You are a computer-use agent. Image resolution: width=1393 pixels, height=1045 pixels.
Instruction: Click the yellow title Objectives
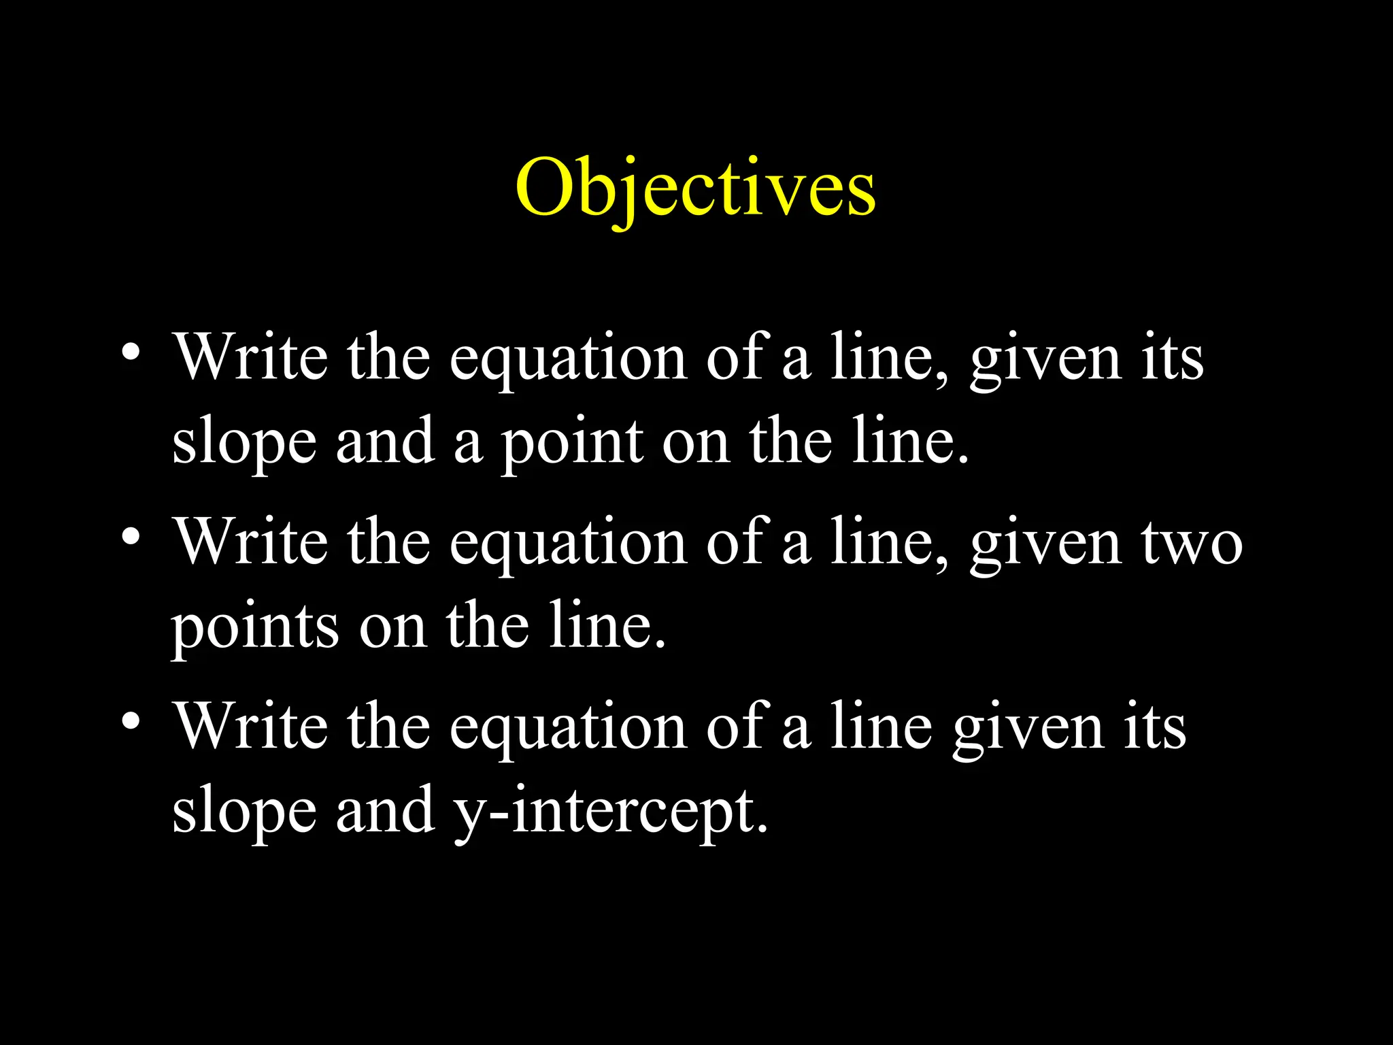(695, 188)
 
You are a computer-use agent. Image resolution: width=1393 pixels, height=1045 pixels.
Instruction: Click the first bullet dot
(131, 352)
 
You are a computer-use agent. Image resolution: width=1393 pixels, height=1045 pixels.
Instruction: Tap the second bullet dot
(131, 537)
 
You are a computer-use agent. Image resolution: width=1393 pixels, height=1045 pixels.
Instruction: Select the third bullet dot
(131, 721)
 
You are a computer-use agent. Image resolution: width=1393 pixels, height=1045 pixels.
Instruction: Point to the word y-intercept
(611, 811)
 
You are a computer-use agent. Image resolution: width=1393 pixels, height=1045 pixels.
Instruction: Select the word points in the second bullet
(254, 627)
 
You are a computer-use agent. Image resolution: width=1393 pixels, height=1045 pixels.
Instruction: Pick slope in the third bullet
(244, 812)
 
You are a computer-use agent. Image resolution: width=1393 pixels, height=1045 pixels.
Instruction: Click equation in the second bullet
(568, 546)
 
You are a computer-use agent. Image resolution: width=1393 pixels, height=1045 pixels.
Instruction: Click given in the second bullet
(1045, 546)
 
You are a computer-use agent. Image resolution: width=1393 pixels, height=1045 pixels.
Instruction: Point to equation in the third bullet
(568, 731)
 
